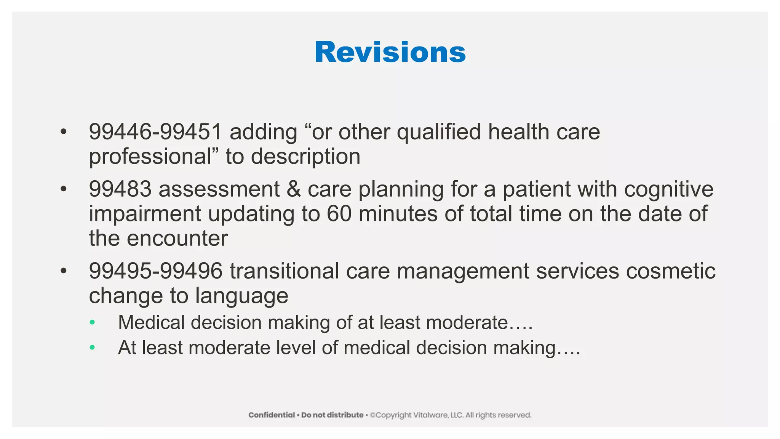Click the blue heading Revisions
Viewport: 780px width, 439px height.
390,52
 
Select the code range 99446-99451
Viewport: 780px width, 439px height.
155,132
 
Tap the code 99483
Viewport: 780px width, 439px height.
120,189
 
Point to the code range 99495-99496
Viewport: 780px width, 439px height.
155,271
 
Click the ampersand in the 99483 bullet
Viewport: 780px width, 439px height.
294,189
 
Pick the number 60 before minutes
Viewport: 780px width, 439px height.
339,214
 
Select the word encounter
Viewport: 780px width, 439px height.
177,239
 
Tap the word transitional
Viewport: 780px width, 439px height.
285,271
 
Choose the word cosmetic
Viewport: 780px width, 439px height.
671,271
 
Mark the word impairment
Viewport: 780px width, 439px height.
145,214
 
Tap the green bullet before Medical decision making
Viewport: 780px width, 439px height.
92,323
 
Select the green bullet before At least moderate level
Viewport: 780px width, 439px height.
92,348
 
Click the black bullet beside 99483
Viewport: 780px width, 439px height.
64,189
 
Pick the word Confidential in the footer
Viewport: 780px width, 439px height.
272,415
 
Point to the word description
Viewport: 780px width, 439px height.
305,157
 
